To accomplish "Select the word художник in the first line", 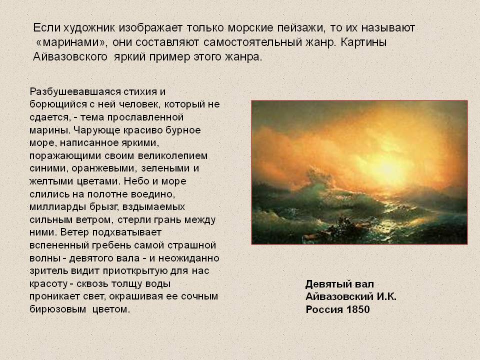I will click(x=81, y=26).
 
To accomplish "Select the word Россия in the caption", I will click(x=323, y=309).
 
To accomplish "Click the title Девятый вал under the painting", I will click(x=339, y=284).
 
